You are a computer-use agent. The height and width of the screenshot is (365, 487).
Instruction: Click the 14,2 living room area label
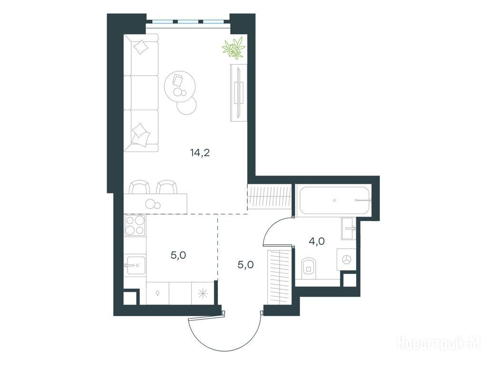[200, 153]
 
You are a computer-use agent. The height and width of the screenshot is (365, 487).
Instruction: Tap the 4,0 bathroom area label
[317, 241]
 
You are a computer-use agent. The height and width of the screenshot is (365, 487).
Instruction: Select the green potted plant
[234, 48]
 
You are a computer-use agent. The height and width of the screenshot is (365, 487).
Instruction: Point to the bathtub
[333, 201]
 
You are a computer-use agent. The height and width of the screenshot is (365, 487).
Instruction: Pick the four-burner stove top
[135, 225]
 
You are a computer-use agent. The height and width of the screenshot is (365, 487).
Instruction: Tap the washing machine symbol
[346, 259]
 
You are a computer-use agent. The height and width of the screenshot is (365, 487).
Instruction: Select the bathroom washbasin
[349, 228]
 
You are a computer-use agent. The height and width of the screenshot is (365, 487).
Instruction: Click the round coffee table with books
[180, 86]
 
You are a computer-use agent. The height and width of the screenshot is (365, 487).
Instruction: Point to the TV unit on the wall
[239, 93]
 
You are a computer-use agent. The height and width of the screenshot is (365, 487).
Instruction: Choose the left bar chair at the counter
[139, 187]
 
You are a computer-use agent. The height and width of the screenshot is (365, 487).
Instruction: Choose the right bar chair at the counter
[167, 187]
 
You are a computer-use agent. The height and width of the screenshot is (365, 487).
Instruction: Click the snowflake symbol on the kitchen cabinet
[203, 293]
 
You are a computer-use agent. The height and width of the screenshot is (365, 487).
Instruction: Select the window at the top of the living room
[188, 22]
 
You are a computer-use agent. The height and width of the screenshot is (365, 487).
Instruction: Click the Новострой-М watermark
[439, 344]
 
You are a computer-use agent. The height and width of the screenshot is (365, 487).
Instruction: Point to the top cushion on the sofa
[141, 47]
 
